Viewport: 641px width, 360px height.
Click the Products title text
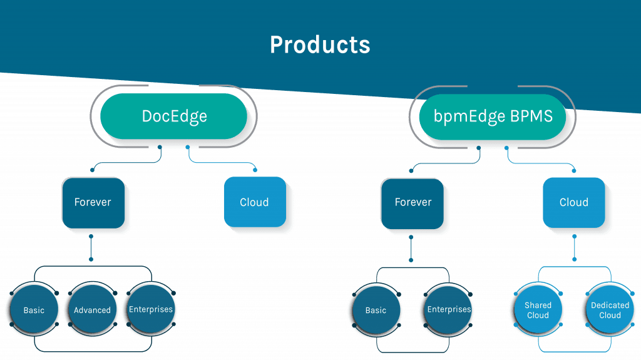point(320,44)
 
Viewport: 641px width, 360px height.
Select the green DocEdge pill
point(174,116)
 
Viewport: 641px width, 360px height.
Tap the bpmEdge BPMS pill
point(493,116)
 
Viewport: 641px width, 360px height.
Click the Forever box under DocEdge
point(93,203)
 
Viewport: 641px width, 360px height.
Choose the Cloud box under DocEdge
point(255,202)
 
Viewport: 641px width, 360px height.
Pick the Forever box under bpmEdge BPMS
point(413,203)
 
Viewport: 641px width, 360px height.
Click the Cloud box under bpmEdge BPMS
point(574,202)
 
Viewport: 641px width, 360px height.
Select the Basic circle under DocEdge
point(34,309)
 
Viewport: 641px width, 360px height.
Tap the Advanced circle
point(93,309)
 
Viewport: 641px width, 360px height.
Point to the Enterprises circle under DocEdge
point(151,309)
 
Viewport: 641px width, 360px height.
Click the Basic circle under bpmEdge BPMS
point(376,310)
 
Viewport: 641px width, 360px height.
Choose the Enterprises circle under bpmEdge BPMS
point(448,310)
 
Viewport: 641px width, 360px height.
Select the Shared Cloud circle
point(538,310)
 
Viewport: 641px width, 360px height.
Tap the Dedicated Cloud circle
point(610,310)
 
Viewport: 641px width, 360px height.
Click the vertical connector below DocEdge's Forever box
point(91,248)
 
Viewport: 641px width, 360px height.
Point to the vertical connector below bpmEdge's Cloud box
point(575,248)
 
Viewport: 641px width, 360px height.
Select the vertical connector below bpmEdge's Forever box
point(411,249)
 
